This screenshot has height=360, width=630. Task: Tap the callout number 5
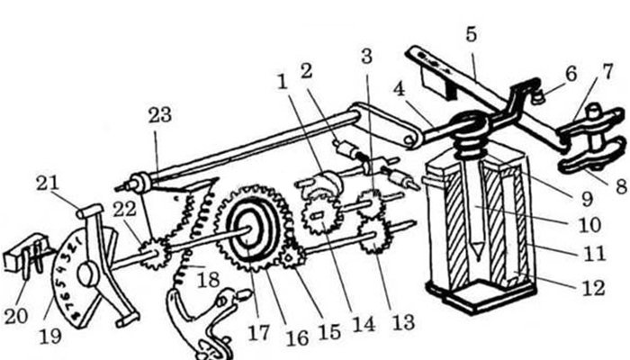472,33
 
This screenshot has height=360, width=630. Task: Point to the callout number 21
47,184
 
